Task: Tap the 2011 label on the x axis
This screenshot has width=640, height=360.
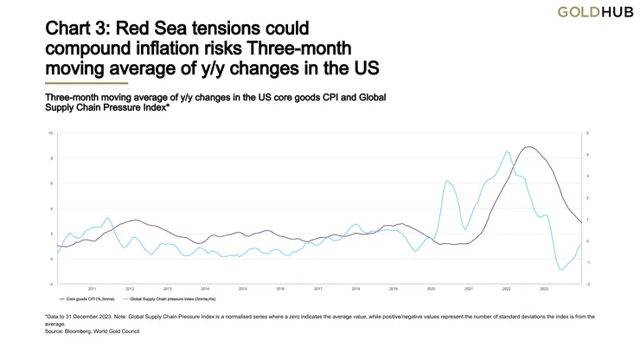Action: click(x=92, y=288)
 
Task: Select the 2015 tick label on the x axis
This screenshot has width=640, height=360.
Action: click(x=243, y=288)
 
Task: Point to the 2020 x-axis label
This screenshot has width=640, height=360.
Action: click(x=431, y=288)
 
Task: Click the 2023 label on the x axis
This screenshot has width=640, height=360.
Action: click(x=544, y=288)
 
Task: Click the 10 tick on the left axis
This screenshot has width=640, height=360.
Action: click(x=51, y=133)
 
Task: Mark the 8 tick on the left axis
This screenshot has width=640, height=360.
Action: click(x=52, y=158)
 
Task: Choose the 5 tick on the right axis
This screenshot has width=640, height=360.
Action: click(x=588, y=133)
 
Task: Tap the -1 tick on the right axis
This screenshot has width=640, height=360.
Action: click(x=588, y=262)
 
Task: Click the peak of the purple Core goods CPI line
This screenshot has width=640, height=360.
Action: click(x=528, y=147)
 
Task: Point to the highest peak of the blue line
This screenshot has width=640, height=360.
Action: click(x=507, y=151)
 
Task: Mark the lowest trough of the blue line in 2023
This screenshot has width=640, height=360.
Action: click(x=561, y=270)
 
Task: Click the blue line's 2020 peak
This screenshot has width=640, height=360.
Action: click(x=446, y=181)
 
